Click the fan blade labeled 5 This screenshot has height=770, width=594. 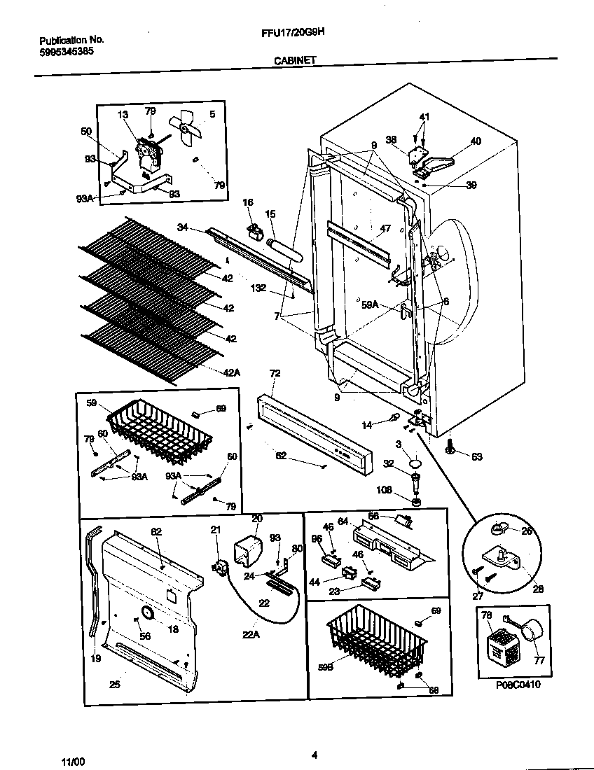point(187,127)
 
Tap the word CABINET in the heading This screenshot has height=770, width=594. point(294,61)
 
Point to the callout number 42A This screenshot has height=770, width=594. point(231,372)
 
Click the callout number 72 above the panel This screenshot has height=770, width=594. point(274,374)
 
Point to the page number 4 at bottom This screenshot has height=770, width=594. point(315,755)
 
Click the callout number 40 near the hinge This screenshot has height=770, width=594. point(475,141)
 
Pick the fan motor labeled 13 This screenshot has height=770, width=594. point(148,153)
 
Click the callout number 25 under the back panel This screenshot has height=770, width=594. point(114,684)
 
